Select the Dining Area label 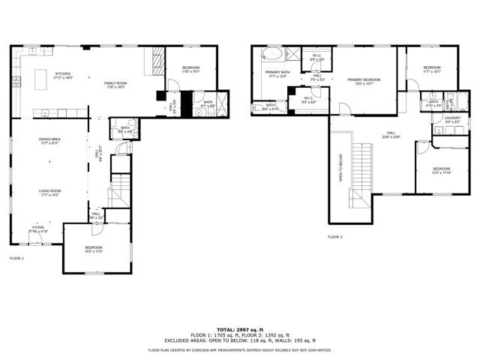pyautogui.click(x=50, y=141)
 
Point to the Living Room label pyautogui.click(x=50, y=192)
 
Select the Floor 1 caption pyautogui.click(x=16, y=258)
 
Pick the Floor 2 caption pyautogui.click(x=334, y=237)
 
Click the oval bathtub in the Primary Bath pyautogui.click(x=271, y=54)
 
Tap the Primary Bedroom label pyautogui.click(x=359, y=81)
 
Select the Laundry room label pyautogui.click(x=451, y=118)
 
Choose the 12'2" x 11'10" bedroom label pyautogui.click(x=441, y=170)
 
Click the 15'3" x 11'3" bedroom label pyautogui.click(x=93, y=249)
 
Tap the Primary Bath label pyautogui.click(x=276, y=74)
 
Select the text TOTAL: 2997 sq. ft pyautogui.click(x=240, y=329)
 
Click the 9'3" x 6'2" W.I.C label pyautogui.click(x=308, y=100)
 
